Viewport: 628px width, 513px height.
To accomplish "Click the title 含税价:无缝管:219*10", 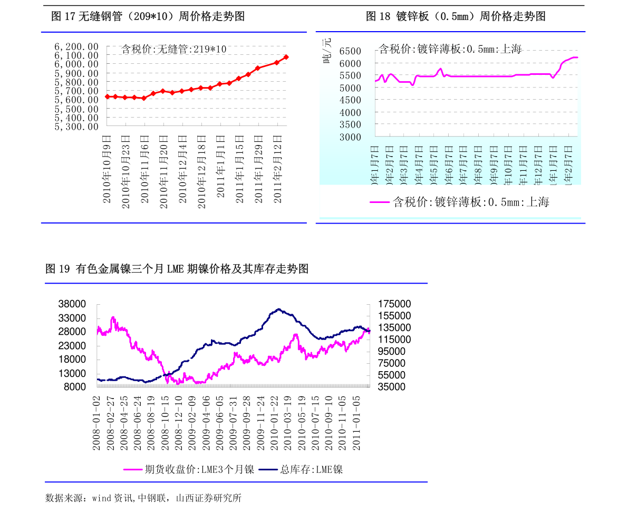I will [174, 50].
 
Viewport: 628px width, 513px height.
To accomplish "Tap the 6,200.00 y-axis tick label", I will [76, 46].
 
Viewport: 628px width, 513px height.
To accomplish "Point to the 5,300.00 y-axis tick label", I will [76, 127].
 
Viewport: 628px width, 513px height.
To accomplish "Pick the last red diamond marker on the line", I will [286, 57].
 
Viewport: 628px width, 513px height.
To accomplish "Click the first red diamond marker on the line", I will [108, 96].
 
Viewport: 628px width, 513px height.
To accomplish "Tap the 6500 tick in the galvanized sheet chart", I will [350, 51].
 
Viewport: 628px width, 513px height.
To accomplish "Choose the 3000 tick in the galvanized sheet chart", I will [350, 137].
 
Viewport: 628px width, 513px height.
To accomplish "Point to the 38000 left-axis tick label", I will [72, 304].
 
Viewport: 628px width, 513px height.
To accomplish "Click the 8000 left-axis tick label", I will [75, 386].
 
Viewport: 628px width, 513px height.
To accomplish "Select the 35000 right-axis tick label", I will [392, 386].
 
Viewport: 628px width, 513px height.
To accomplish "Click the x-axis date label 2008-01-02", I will [96, 423].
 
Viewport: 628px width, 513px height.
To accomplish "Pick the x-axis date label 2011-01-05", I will [357, 423].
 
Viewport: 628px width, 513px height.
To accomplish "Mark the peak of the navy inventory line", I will [279, 309].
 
